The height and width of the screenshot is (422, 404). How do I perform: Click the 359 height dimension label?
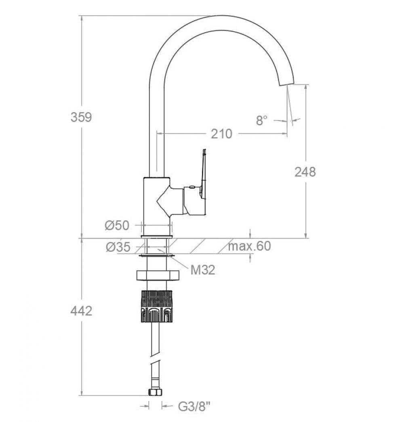81,117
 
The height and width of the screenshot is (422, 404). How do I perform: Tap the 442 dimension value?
81,311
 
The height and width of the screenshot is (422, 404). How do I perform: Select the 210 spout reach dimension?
221,134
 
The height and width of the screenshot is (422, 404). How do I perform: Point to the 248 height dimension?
305,172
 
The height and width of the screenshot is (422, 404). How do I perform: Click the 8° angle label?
262,120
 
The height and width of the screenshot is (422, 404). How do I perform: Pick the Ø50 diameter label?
117,225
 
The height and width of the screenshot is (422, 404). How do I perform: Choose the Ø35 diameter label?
118,247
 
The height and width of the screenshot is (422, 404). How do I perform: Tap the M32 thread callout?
203,270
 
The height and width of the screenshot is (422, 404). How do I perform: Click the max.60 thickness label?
249,246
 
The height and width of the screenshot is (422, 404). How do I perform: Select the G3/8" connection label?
194,406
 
